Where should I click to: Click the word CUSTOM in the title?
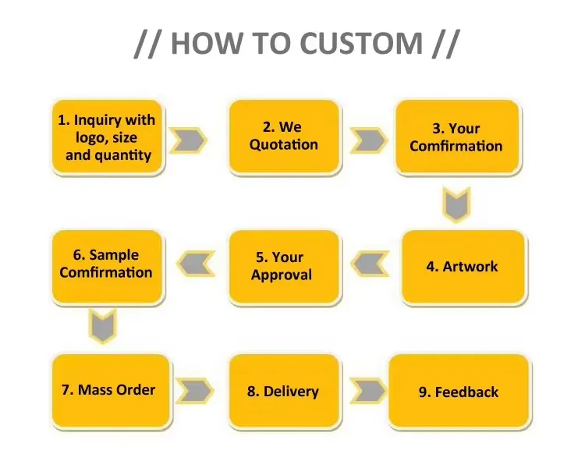(x=361, y=43)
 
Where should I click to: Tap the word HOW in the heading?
(x=207, y=43)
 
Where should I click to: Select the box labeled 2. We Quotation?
(x=284, y=137)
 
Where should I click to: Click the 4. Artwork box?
(x=463, y=266)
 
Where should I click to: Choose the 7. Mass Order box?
(x=111, y=391)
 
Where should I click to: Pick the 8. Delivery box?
(x=284, y=391)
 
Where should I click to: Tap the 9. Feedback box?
(x=459, y=391)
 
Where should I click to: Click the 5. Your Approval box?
(x=284, y=266)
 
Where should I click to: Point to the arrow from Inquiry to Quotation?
(x=188, y=140)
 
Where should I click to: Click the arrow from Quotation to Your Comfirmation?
(x=369, y=140)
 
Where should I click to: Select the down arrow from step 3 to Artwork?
(x=456, y=205)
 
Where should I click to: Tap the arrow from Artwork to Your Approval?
(x=370, y=264)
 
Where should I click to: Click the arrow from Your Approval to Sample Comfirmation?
(x=196, y=264)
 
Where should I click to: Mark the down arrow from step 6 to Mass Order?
(x=103, y=326)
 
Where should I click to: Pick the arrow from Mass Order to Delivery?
(x=195, y=391)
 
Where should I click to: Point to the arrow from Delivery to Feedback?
(x=369, y=391)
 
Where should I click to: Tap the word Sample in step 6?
(x=114, y=256)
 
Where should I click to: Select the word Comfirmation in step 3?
(x=456, y=146)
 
